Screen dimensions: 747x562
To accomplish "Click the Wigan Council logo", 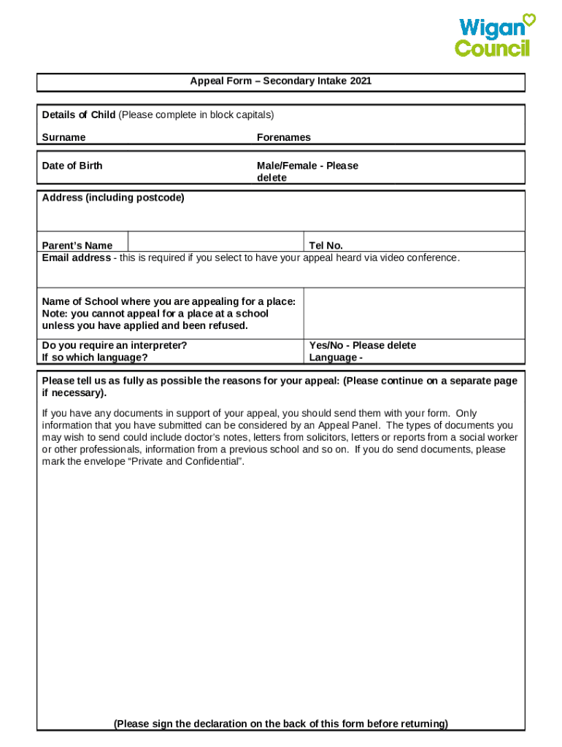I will click(493, 36).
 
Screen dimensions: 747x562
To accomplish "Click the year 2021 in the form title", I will click(361, 81).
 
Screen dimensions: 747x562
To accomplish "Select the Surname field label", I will click(63, 137).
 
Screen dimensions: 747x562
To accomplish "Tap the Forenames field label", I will click(283, 137).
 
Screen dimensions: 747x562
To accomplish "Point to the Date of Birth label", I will click(72, 166).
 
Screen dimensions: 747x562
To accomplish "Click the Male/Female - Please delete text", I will click(307, 171).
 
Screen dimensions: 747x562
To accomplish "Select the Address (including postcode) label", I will click(113, 198).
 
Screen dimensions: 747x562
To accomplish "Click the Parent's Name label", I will click(77, 246).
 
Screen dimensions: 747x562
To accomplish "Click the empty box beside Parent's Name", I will click(215, 241).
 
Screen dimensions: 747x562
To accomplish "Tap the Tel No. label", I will click(326, 246).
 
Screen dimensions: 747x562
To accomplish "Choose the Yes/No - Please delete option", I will click(362, 345).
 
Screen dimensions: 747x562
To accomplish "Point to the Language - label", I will click(336, 357).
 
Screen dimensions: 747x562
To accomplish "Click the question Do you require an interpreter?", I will click(114, 345).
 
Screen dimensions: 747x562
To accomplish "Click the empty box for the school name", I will click(413, 314).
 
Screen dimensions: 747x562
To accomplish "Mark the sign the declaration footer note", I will click(280, 724).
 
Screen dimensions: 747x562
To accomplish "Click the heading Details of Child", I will click(79, 115).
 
